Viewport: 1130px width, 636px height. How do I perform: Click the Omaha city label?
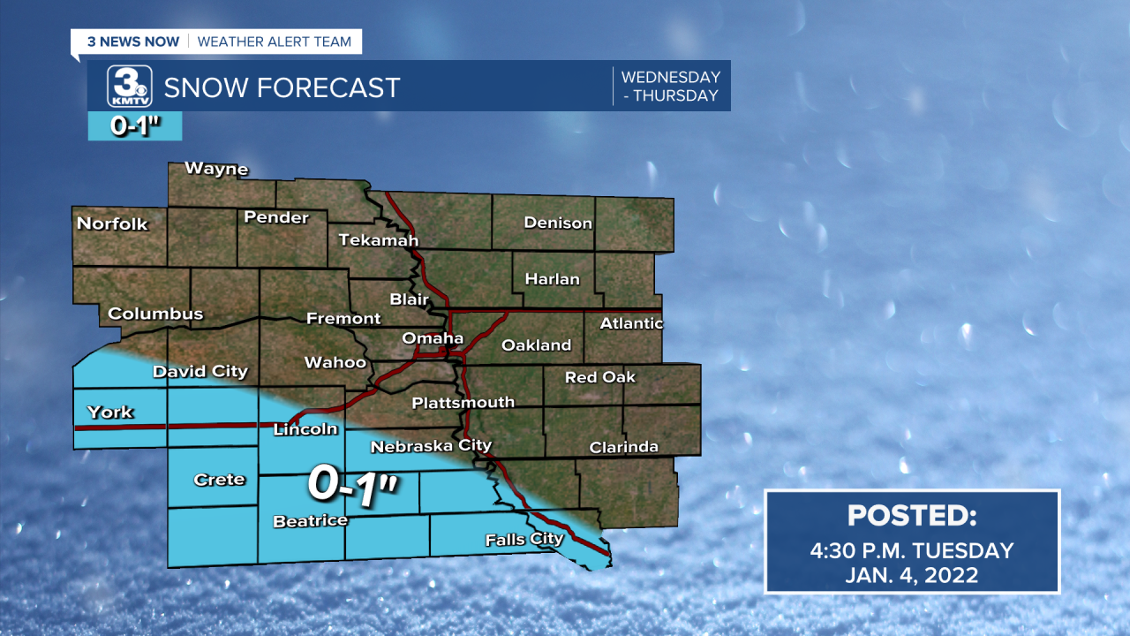click(433, 338)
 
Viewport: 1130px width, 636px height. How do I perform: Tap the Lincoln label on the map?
click(305, 429)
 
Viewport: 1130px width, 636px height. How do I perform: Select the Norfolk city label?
click(112, 223)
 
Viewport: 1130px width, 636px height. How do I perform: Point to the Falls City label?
click(524, 539)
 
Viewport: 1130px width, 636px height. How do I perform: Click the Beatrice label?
click(310, 521)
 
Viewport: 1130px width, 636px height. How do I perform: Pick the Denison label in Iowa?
click(558, 223)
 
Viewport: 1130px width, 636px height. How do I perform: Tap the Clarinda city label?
click(623, 447)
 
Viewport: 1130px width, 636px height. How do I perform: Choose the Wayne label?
click(216, 169)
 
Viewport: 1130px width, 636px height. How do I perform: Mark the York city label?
click(110, 412)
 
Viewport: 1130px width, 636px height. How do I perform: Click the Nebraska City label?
click(431, 446)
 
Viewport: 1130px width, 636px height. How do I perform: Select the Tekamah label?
click(379, 240)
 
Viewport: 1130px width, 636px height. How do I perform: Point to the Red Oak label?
click(600, 377)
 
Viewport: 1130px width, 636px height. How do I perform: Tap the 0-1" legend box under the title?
click(134, 126)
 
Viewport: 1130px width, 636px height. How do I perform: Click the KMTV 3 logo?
click(130, 87)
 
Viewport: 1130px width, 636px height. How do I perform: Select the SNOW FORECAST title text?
click(282, 88)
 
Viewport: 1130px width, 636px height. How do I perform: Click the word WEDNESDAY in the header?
click(671, 77)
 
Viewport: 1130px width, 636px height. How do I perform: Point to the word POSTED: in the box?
click(911, 516)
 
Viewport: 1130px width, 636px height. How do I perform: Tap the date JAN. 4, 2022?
click(911, 575)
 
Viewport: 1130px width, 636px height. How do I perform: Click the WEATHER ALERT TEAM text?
click(274, 42)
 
